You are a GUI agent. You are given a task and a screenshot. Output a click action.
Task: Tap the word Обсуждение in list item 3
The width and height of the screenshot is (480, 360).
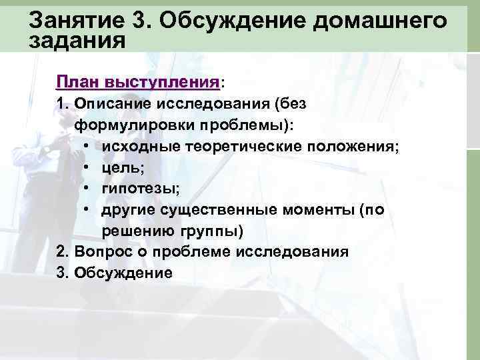tap(123, 273)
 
